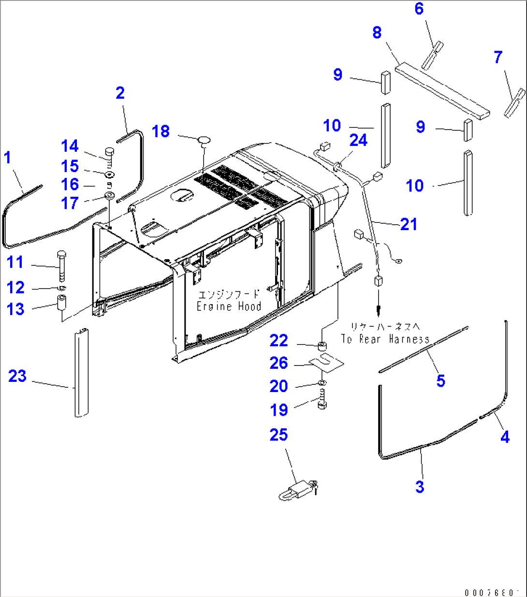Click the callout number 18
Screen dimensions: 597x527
(161, 131)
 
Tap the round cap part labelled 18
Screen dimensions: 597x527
(204, 140)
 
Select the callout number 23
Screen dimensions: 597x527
(17, 376)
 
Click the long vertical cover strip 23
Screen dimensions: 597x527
(81, 372)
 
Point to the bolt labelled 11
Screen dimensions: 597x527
(62, 265)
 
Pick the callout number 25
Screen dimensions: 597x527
(278, 435)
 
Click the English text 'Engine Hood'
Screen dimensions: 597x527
(229, 306)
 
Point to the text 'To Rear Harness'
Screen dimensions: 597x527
(385, 339)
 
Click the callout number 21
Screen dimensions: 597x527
(409, 224)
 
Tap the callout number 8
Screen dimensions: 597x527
(377, 33)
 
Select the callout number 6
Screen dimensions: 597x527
(419, 9)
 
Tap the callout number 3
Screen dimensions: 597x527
(420, 487)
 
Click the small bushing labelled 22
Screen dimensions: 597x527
(322, 346)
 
